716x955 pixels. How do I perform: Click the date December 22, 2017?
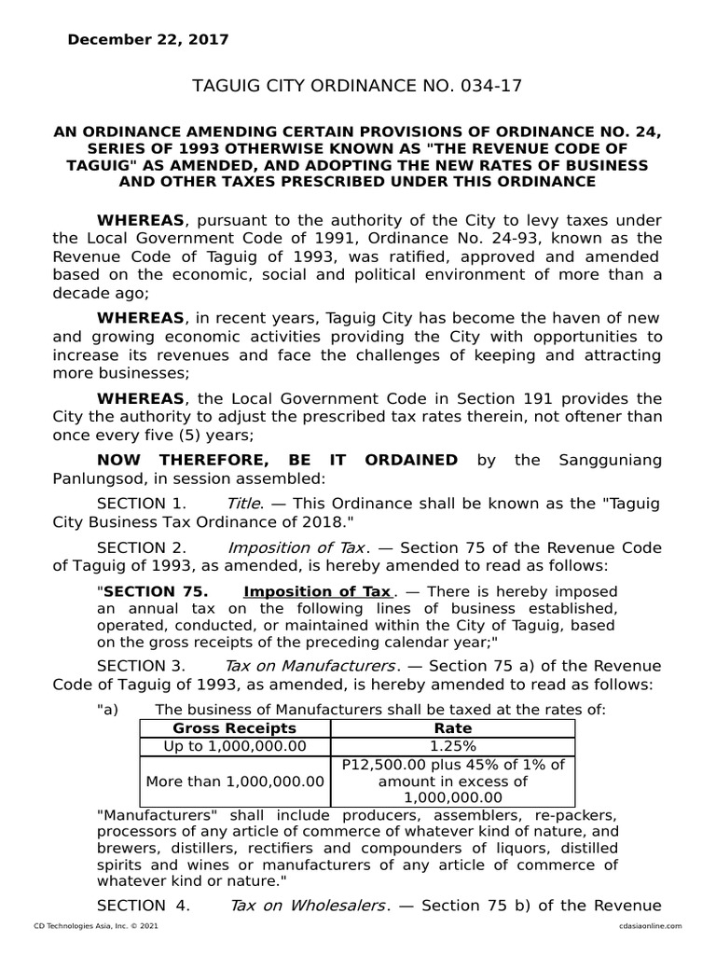click(x=146, y=39)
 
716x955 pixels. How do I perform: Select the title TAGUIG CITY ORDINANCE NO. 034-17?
click(x=357, y=86)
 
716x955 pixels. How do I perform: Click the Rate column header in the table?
click(x=453, y=727)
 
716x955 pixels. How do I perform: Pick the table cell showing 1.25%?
click(x=453, y=745)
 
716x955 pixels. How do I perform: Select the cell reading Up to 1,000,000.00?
click(x=235, y=745)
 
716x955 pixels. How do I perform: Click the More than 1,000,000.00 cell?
click(x=235, y=781)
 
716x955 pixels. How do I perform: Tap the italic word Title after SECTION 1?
click(x=242, y=503)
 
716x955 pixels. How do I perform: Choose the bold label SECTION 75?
click(x=151, y=591)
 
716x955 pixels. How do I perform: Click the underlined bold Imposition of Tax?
click(x=317, y=591)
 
